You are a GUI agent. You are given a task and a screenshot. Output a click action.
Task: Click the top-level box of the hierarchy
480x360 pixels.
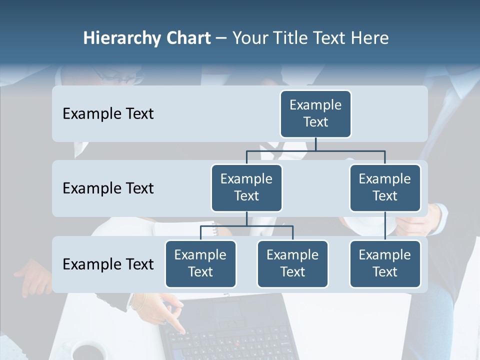coord(315,113)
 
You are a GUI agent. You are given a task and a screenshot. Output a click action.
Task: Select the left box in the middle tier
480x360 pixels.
coord(246,187)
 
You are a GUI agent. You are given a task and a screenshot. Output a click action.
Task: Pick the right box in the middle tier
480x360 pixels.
coord(385,187)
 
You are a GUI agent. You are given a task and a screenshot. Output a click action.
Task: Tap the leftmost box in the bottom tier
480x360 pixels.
coord(200,263)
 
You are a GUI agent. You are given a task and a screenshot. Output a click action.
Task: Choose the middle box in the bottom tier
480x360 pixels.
coord(292,263)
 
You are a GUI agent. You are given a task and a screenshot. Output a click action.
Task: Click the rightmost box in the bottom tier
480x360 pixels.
coord(385,263)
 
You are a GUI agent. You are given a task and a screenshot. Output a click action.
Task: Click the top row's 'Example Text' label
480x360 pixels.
coord(108,113)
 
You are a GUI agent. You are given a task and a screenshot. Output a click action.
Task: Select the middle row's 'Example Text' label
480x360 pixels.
coord(108,188)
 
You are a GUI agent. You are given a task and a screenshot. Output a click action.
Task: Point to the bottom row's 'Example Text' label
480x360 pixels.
coord(108,264)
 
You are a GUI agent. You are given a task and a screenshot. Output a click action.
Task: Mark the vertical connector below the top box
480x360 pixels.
coord(315,144)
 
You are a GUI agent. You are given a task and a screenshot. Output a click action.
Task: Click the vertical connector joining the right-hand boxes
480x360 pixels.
coord(385,226)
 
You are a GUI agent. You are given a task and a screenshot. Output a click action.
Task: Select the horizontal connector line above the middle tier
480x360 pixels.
coord(315,150)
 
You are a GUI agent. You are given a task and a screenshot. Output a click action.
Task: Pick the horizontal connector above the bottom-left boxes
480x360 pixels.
coord(246,226)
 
